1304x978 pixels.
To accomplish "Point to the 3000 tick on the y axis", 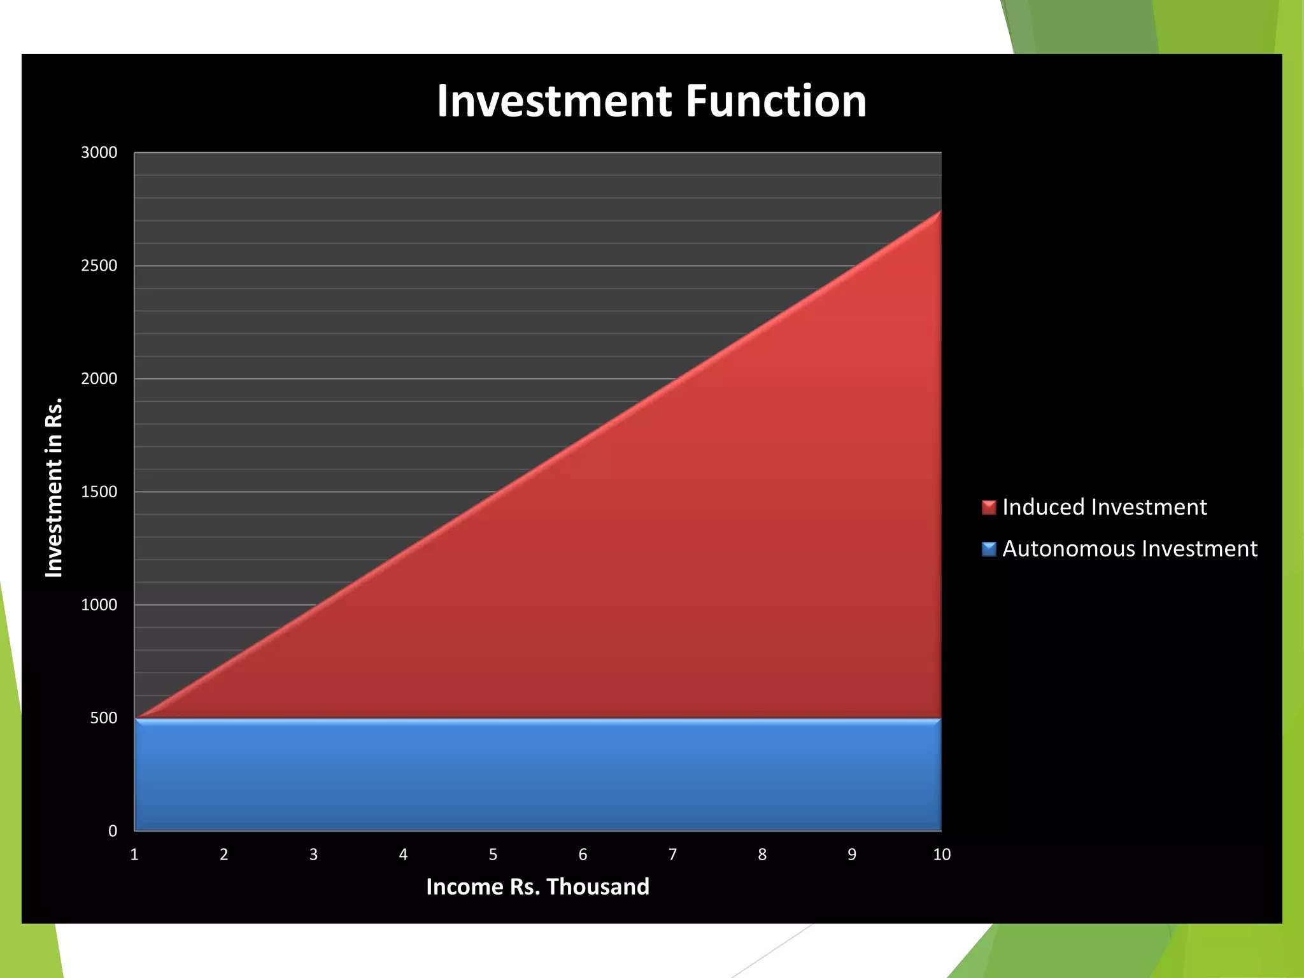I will (99, 153).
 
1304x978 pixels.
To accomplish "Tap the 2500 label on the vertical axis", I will (99, 266).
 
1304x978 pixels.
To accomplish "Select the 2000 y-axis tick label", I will (99, 379).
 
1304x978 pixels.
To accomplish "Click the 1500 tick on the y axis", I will (99, 492).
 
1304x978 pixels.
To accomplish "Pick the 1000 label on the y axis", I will (99, 605).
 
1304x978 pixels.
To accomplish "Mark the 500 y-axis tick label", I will (104, 718).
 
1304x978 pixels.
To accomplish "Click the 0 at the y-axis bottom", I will (113, 831).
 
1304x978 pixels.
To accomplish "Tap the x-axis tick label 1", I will (134, 854).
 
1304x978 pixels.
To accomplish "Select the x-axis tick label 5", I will (493, 854).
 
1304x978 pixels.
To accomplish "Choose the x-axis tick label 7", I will (672, 854).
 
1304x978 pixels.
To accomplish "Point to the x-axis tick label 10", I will (942, 854).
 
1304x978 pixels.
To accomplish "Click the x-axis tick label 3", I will (313, 854).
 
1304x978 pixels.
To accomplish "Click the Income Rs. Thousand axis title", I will (537, 887).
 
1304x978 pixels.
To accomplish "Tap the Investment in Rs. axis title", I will (54, 488).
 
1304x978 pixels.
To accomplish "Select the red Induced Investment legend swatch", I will (989, 507).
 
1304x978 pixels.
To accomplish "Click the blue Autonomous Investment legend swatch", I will (989, 549).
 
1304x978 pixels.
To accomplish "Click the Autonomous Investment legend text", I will (1130, 549).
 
